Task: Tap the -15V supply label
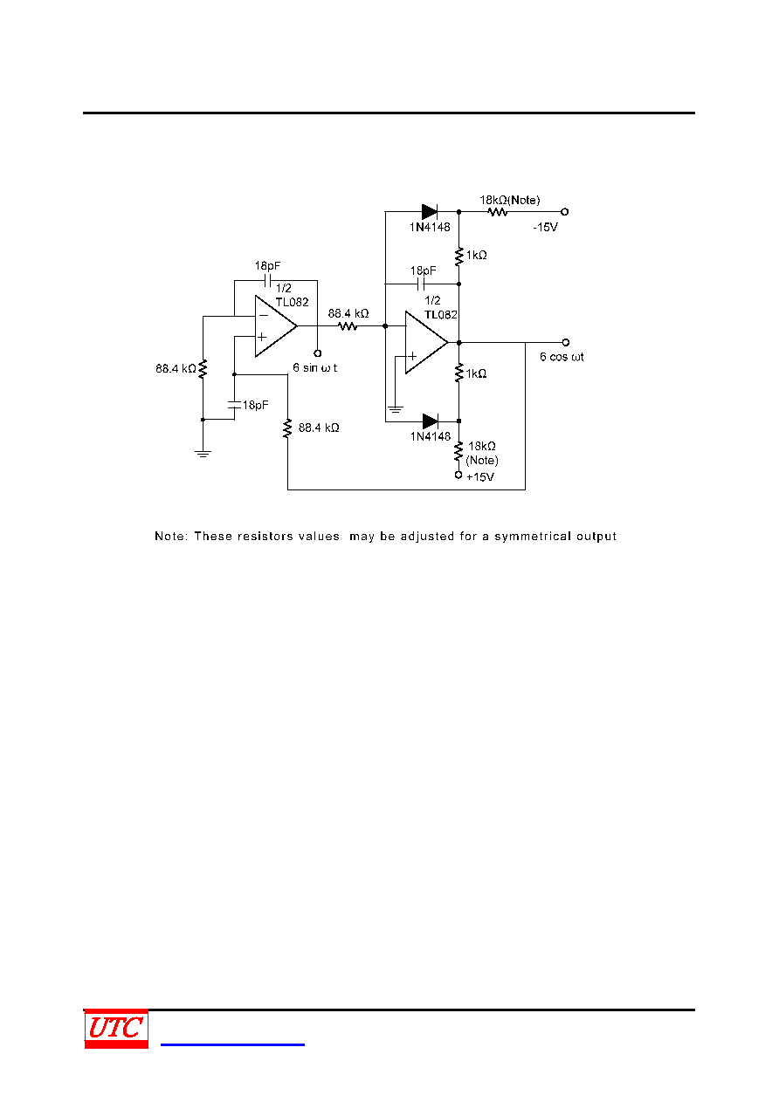545,227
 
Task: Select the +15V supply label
480,477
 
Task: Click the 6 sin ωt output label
314,368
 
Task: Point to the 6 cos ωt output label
562,357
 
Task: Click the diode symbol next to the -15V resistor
430,212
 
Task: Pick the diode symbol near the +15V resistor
431,421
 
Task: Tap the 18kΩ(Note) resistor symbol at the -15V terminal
497,212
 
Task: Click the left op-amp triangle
276,326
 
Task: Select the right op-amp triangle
426,342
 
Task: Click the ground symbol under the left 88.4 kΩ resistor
203,454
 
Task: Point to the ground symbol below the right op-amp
396,409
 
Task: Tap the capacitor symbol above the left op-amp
268,281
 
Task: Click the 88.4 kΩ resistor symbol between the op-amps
348,325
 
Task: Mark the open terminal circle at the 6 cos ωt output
566,342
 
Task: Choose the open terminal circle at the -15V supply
565,212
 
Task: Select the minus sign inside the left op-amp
264,315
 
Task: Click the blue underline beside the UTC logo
232,1044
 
